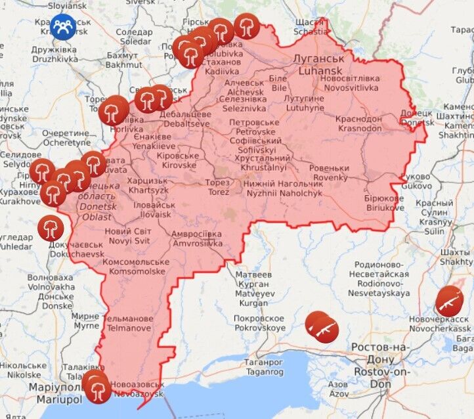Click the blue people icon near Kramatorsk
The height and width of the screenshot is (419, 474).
pyautogui.click(x=63, y=27)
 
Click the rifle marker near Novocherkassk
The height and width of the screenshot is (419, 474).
pyautogui.click(x=450, y=301)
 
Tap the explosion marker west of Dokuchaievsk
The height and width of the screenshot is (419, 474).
pyautogui.click(x=51, y=228)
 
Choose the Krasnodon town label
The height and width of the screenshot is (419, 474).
pyautogui.click(x=358, y=123)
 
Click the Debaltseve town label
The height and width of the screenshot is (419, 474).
pyautogui.click(x=174, y=119)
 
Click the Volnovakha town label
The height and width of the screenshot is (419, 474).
pyautogui.click(x=51, y=282)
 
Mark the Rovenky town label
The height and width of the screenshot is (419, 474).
pyautogui.click(x=330, y=173)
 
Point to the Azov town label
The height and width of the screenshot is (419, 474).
pyautogui.click(x=338, y=389)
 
